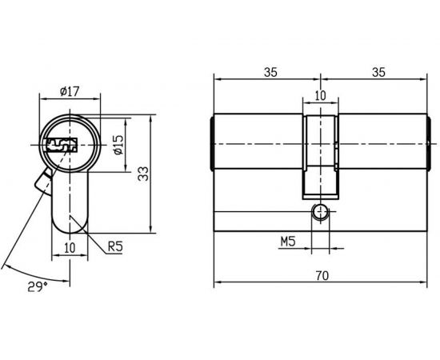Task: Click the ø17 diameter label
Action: (70, 92)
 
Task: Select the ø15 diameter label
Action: (117, 145)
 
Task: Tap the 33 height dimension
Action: (144, 174)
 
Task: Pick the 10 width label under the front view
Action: (69, 247)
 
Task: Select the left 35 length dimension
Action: (270, 72)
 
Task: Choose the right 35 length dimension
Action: (378, 72)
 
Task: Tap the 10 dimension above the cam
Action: (321, 95)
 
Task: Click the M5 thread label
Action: (288, 240)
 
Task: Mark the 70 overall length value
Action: (321, 276)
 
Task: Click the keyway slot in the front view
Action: (61, 146)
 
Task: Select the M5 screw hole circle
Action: (321, 212)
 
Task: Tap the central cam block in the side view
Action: (321, 156)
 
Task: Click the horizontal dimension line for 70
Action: (264, 283)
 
